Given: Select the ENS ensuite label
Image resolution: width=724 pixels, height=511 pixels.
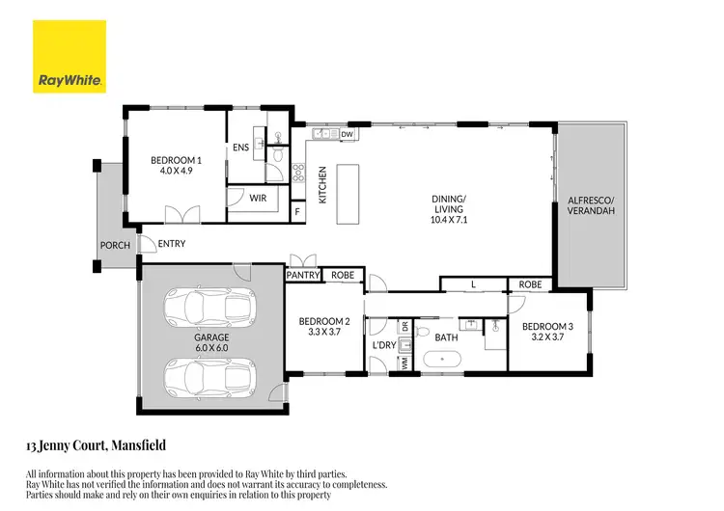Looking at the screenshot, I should coord(240,148).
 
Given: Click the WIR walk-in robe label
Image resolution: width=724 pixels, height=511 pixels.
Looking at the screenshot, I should coord(258,198).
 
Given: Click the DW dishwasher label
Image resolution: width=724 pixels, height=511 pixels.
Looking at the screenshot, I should coord(348,134).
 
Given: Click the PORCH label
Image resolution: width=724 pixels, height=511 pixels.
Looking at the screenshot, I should coord(114,246).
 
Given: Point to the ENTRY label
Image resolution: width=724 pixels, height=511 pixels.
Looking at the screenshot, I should coord(172,244).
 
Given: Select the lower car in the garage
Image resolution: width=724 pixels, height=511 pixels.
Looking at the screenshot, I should coord(210,373).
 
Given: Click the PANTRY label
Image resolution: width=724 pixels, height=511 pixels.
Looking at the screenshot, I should coord(302,276).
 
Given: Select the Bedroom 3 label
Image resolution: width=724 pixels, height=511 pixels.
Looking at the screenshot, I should coord(547,332).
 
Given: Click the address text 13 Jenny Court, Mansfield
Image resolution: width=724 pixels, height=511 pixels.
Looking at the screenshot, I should coord(96,445).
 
